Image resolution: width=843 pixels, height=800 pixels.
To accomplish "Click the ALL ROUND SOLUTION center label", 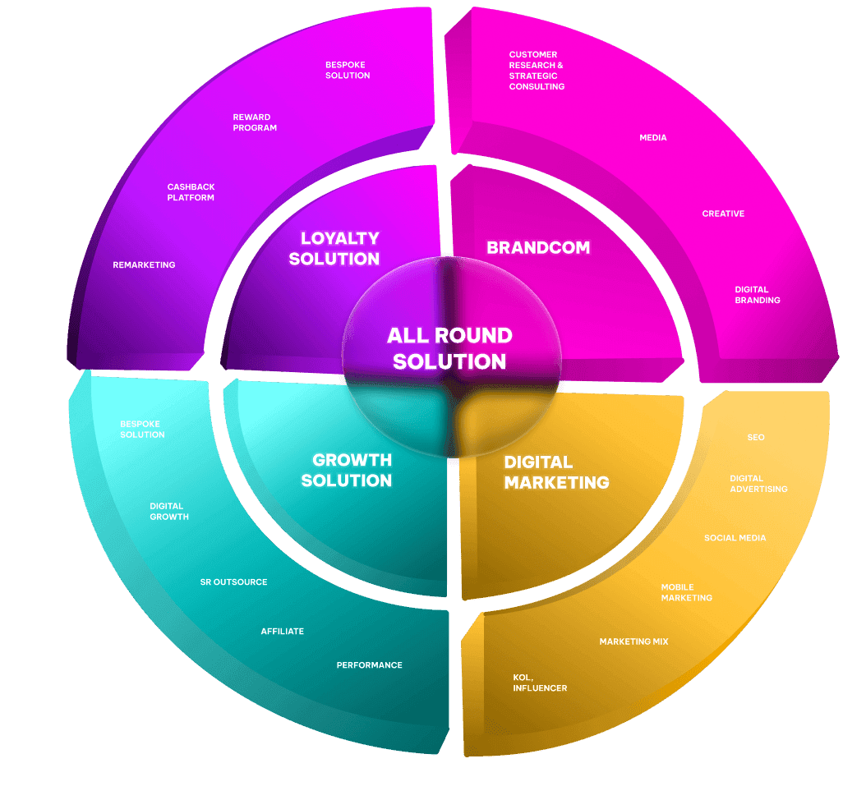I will point(449,348).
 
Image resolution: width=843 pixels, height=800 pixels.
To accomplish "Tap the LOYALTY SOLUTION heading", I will point(339,248).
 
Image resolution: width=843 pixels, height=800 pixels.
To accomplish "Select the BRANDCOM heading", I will point(538,247).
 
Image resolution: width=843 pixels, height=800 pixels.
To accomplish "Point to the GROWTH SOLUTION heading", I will point(346,470).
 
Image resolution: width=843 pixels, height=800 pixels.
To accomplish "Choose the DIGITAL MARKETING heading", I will point(556,472).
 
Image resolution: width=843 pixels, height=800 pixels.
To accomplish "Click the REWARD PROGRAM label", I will point(255,122).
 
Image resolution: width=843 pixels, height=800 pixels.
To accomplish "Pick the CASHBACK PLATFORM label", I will point(191,192).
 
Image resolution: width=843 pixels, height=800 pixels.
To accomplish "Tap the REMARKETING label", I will point(144,264).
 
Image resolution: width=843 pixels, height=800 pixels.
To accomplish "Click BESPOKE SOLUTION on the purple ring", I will point(348,70).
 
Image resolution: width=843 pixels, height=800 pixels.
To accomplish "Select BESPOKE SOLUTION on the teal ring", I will point(142,429).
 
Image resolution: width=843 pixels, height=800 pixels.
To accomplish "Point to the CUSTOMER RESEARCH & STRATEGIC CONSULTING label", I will point(537,71).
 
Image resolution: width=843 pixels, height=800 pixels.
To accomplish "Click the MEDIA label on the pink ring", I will point(653,137).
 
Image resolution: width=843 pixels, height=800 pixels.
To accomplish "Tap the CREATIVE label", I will point(723,214).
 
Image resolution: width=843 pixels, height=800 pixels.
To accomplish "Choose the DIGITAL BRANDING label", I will point(758,295).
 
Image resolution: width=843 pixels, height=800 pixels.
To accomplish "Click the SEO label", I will point(756,437).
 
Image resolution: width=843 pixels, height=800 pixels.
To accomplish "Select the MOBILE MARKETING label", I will point(687,592).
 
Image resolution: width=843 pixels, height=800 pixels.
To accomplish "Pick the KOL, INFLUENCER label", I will point(540,683).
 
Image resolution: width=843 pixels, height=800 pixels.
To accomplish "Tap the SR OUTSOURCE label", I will point(233,582).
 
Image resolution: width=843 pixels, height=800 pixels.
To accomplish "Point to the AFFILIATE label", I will point(282,631).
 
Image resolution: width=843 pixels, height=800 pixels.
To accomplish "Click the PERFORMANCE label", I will point(369,664).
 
